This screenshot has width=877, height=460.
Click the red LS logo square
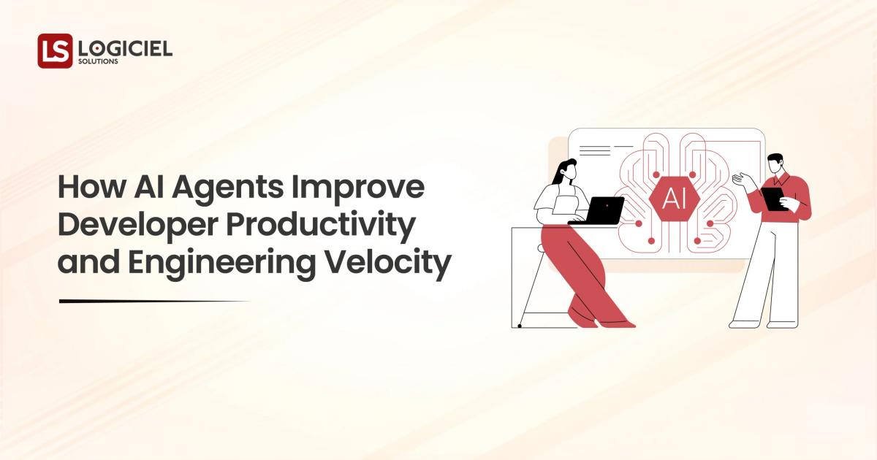click(55, 51)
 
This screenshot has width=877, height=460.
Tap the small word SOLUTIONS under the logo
click(98, 62)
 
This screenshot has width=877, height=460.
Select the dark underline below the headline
click(153, 301)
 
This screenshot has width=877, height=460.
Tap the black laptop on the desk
click(599, 210)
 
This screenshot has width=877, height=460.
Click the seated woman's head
click(567, 171)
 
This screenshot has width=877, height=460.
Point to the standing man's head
click(774, 164)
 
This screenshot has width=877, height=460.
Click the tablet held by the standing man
click(773, 198)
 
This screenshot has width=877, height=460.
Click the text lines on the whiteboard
click(594, 150)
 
